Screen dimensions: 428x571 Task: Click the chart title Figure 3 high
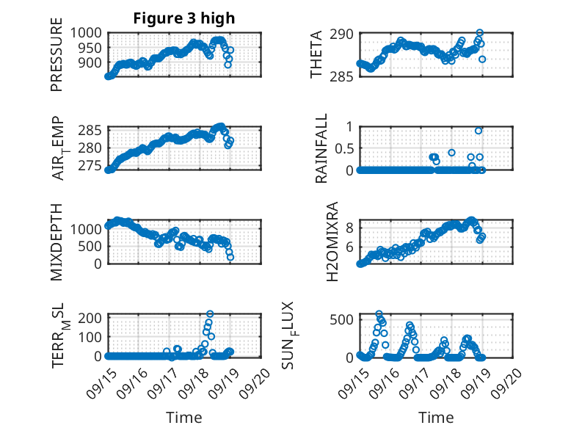[184, 18]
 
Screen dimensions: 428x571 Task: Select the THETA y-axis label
[316, 55]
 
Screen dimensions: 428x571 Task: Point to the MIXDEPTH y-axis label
[57, 242]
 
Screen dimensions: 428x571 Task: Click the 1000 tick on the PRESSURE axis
[87, 33]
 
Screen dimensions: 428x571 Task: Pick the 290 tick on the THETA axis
[345, 34]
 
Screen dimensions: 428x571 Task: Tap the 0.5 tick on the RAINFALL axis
[345, 148]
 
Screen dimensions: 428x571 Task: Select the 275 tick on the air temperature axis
[91, 165]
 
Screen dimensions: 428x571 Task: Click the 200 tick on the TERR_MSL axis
[91, 318]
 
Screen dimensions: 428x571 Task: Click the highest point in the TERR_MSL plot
[210, 314]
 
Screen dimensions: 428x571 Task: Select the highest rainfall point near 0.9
[479, 131]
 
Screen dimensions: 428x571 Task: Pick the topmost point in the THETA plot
[479, 33]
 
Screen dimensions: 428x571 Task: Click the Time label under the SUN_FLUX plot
[436, 418]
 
